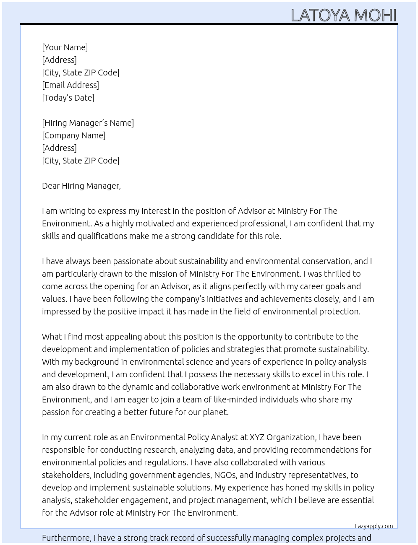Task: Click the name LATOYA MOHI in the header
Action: click(x=343, y=15)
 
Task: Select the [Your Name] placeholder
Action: click(x=65, y=47)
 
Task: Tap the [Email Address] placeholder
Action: click(x=71, y=85)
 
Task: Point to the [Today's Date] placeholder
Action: click(x=68, y=98)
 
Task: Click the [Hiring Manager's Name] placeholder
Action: click(x=88, y=123)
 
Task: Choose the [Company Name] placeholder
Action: click(x=73, y=135)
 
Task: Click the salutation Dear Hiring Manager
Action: click(x=81, y=186)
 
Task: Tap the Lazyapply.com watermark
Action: click(x=374, y=526)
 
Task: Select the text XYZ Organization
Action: click(x=282, y=437)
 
